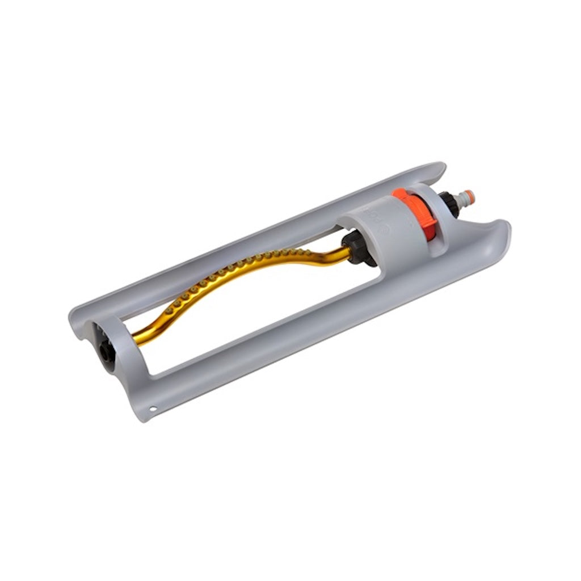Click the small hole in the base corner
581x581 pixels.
pyautogui.click(x=152, y=407)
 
